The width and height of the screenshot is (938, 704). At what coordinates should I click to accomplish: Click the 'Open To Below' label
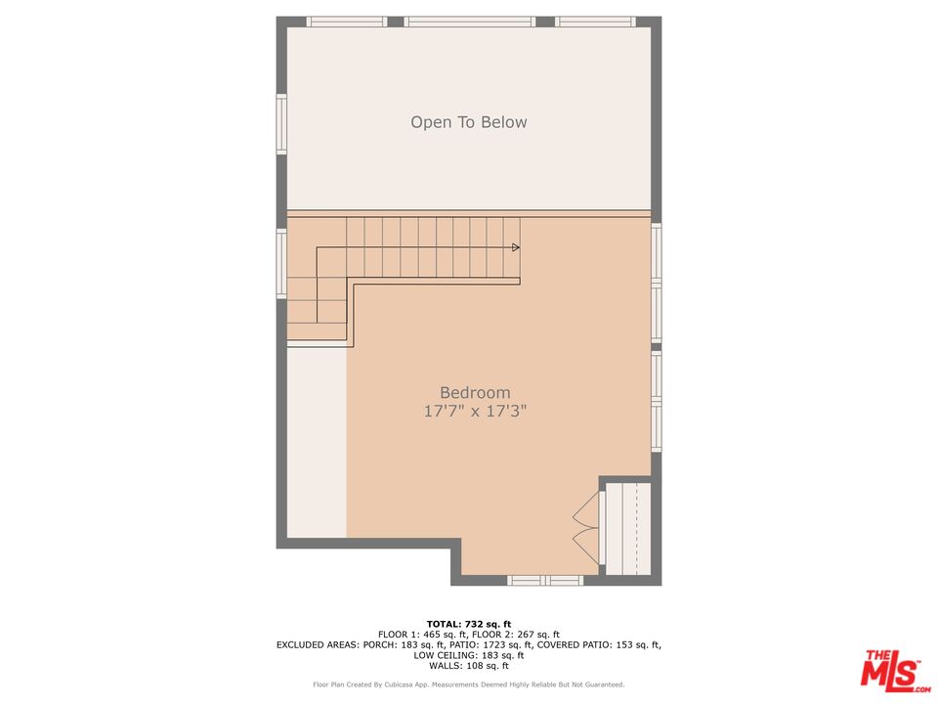468,122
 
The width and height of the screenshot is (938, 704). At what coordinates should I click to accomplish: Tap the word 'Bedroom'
475,393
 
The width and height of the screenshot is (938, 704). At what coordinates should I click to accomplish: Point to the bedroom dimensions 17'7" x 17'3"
475,412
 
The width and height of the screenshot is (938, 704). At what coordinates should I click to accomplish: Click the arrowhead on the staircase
516,247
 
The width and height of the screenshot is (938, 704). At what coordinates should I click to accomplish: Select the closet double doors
586,528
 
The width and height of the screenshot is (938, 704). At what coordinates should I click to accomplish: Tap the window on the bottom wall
545,580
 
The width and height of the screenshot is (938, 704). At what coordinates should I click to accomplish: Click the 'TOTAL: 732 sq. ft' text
468,625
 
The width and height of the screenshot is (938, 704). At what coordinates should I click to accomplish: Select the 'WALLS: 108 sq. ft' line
468,666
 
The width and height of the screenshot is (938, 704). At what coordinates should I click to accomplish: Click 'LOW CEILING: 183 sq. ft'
468,655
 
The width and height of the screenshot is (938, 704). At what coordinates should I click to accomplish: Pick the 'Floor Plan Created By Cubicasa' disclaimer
468,684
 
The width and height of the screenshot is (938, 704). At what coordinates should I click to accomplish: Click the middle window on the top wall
470,22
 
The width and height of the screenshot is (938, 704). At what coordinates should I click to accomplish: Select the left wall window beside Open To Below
281,124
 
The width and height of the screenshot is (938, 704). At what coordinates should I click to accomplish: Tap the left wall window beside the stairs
281,263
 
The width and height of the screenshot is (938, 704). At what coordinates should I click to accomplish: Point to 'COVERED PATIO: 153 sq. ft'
599,644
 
